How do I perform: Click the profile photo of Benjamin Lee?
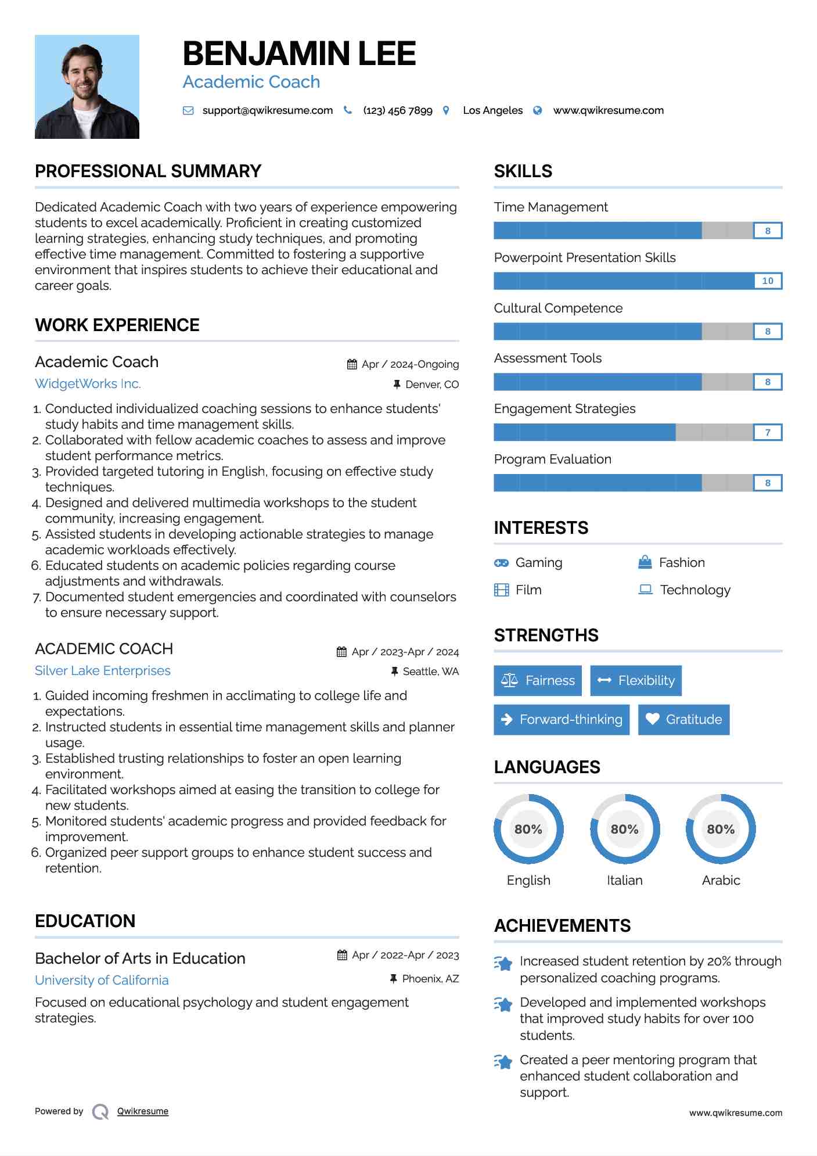[87, 87]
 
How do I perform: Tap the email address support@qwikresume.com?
[267, 110]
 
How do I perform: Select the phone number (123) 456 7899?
[398, 110]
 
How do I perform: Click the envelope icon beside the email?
[188, 110]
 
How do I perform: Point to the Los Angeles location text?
[492, 110]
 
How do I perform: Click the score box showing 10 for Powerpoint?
[767, 281]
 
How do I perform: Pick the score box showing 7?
[767, 432]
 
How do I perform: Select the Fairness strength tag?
[538, 680]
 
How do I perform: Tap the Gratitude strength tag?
[683, 719]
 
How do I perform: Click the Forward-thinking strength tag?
[562, 719]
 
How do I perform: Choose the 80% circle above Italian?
[625, 829]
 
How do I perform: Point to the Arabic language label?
[721, 880]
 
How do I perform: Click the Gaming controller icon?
[501, 563]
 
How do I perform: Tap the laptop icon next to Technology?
[645, 590]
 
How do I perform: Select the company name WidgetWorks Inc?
[88, 383]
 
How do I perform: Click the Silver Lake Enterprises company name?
[103, 670]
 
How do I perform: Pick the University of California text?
[102, 980]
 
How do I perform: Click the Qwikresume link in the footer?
[143, 1111]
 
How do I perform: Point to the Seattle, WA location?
[430, 672]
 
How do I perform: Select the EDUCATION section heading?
[85, 921]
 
